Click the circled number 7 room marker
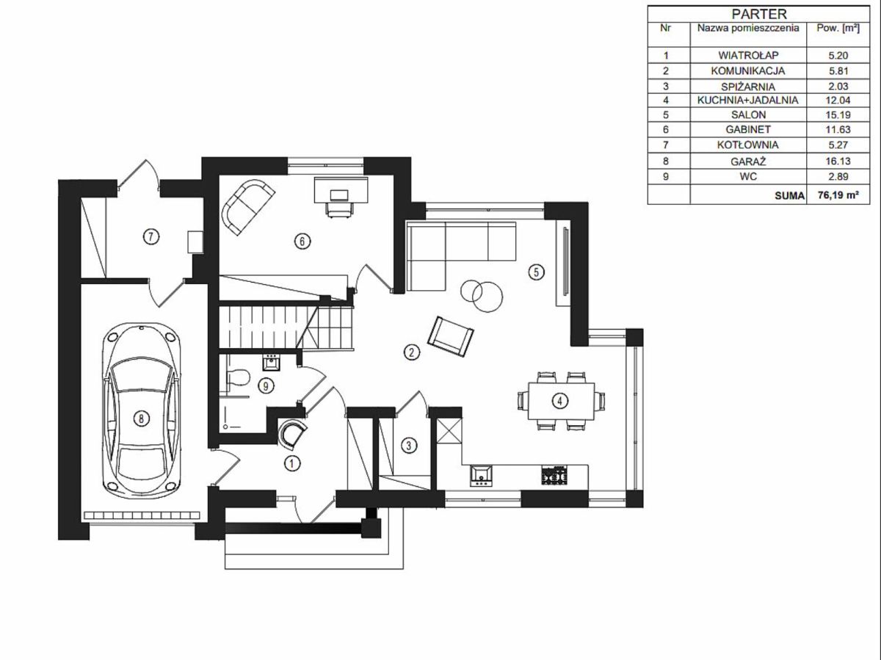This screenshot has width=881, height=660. pos(151,237)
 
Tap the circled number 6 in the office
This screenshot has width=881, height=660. pos(302,241)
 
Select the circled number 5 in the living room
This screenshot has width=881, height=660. pos(536,272)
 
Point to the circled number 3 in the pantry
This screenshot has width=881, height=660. pos(409,446)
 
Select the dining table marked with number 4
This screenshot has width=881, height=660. pos(560,401)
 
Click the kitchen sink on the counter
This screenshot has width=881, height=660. pos(481,476)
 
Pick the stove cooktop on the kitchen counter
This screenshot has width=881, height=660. pos(555,476)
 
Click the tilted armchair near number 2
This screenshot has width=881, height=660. pos(450,336)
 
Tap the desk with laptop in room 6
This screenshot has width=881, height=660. pos(341,197)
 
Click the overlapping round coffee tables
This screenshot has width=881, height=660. pos(482,295)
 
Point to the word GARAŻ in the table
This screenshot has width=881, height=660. pos(748,162)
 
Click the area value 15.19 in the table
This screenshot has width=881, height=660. pos(838,115)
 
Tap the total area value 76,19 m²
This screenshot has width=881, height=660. pos(838,195)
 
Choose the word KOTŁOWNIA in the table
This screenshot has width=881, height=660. pos(747,145)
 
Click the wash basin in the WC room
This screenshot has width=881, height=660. pos(272,363)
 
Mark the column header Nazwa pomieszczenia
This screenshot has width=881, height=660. pos(748,28)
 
